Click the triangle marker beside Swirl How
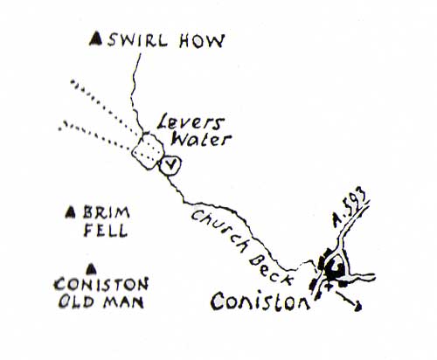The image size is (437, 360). (x=95, y=39)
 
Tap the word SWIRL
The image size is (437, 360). (x=138, y=40)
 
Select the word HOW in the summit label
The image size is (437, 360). (x=202, y=41)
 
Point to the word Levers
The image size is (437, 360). (x=191, y=122)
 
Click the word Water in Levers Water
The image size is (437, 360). (x=201, y=139)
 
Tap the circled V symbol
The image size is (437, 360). (x=170, y=165)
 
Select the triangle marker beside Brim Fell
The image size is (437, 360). (x=70, y=212)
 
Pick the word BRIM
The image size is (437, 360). (x=107, y=212)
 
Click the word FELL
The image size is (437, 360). (x=106, y=230)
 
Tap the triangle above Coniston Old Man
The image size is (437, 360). (x=92, y=269)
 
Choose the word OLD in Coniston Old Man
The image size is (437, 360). (x=76, y=301)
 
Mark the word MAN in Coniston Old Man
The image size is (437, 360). (x=124, y=302)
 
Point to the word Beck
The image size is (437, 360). (x=270, y=271)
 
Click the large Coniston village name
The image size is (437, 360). (x=260, y=301)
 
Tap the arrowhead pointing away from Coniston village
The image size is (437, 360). (x=357, y=307)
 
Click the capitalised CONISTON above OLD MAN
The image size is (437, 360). (x=101, y=284)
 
